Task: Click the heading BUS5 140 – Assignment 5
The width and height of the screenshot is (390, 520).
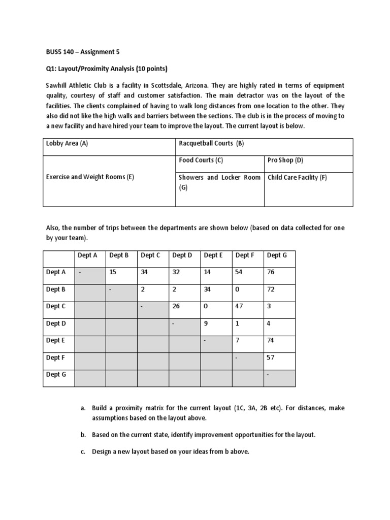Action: tap(81, 51)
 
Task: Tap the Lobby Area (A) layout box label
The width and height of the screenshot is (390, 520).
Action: tap(67, 143)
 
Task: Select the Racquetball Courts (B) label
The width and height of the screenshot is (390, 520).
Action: tap(211, 143)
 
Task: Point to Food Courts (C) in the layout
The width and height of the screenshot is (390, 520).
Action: tap(201, 160)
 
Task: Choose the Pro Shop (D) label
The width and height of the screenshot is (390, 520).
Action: tap(285, 160)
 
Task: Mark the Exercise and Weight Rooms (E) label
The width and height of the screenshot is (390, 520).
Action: tap(90, 177)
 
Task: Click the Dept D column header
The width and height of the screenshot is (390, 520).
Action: tap(182, 255)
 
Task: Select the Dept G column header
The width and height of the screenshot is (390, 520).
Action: tap(277, 255)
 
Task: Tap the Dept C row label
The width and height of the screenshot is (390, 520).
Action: tap(56, 306)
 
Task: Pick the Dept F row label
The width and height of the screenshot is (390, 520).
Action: tap(56, 357)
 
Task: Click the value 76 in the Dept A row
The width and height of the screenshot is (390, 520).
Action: tap(271, 272)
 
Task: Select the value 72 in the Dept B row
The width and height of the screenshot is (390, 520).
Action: tap(271, 289)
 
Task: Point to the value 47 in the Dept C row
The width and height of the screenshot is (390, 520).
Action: tap(239, 306)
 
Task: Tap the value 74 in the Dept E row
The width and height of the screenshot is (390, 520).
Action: tap(271, 340)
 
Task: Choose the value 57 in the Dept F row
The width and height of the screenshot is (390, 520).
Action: tap(271, 357)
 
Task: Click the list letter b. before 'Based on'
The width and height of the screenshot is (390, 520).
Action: tap(83, 435)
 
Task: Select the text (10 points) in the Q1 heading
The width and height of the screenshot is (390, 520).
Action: tap(149, 69)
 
